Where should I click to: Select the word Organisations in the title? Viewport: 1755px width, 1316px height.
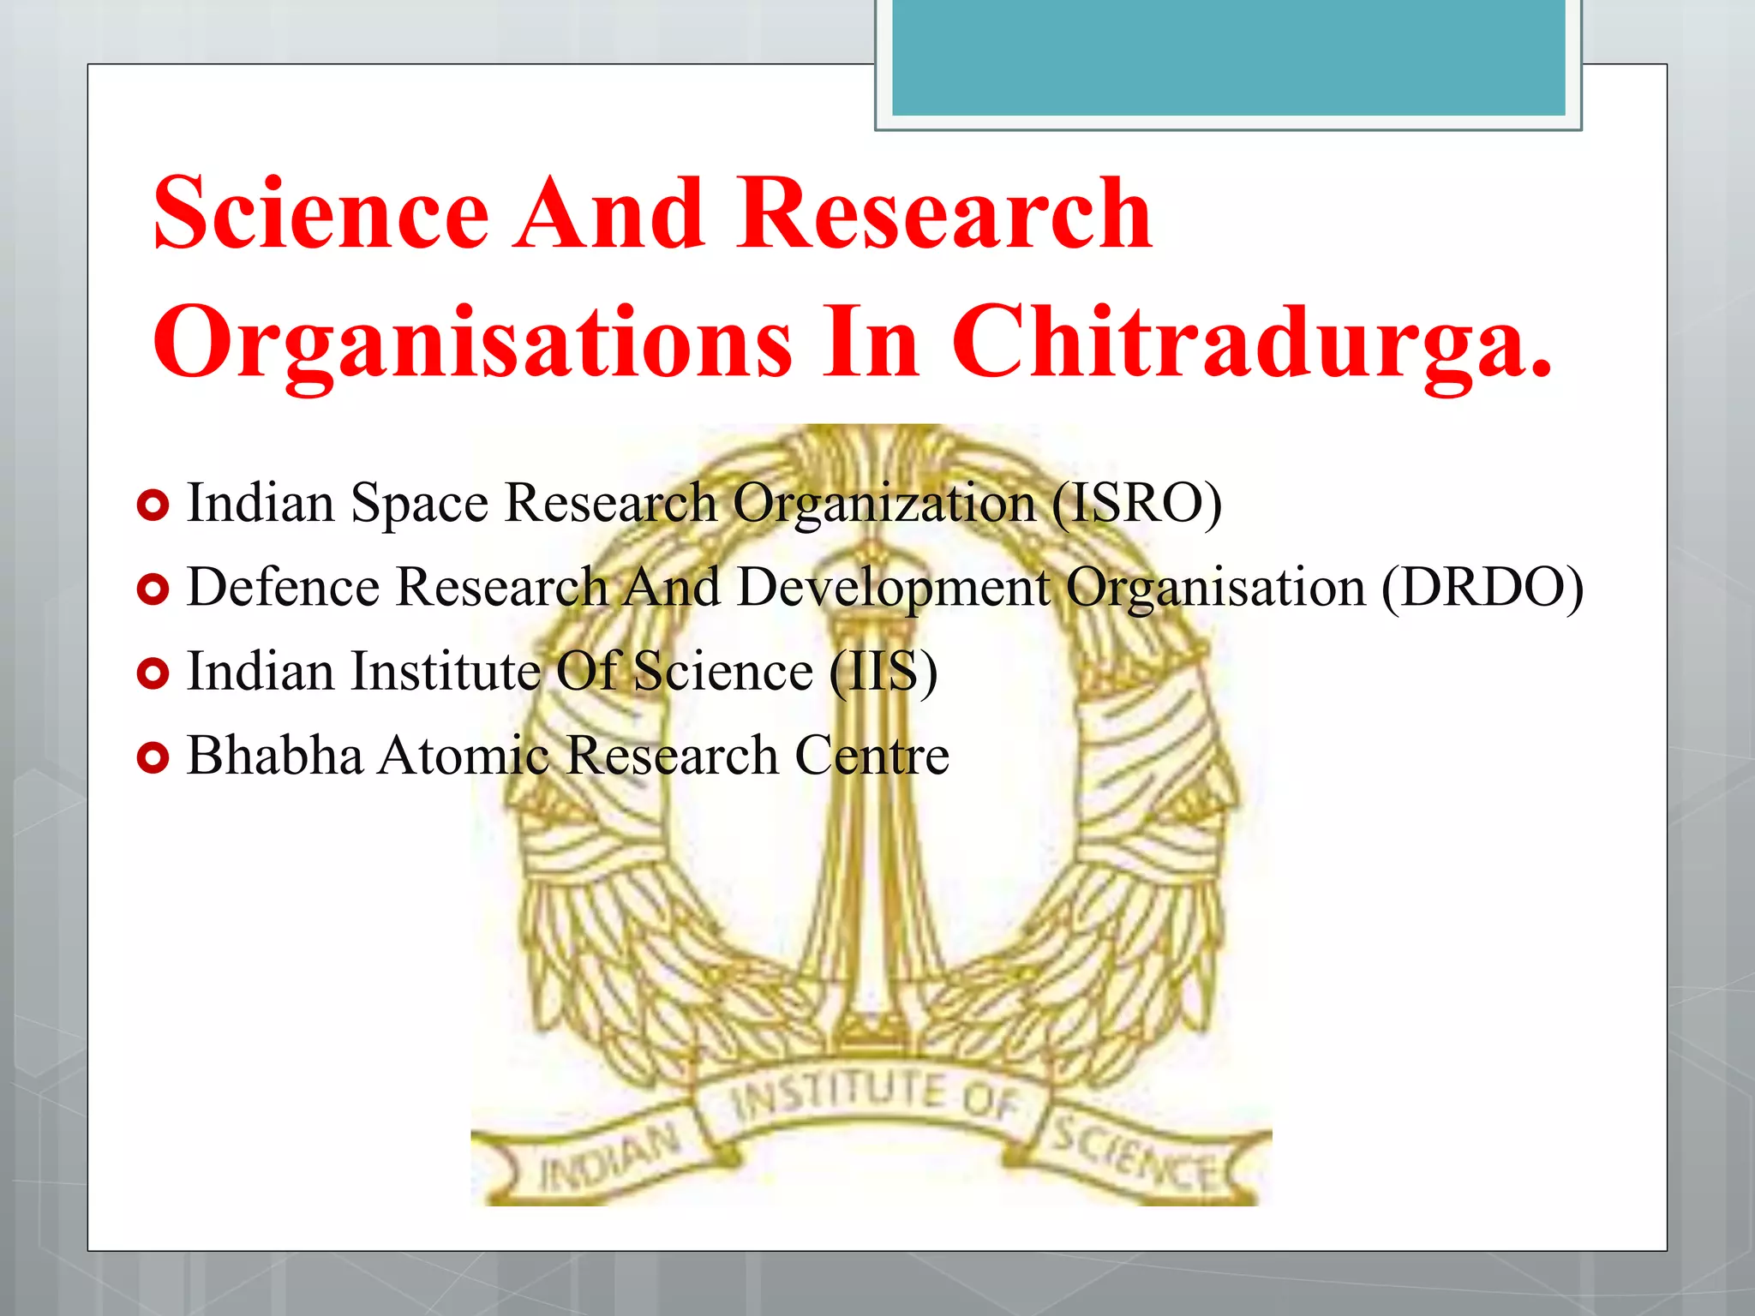coord(472,343)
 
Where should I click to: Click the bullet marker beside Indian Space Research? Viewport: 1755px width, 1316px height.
coord(153,506)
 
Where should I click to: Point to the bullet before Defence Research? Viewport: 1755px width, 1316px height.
coord(153,589)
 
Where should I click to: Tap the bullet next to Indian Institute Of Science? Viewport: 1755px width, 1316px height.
coord(153,673)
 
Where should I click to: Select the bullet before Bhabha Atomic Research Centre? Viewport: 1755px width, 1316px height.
coord(153,757)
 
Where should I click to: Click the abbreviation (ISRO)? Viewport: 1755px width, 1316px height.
coord(1136,503)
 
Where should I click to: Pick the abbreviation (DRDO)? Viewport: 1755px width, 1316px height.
coord(1482,588)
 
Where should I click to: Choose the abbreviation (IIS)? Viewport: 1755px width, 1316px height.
coord(883,671)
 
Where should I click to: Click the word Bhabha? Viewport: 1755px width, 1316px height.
coord(274,756)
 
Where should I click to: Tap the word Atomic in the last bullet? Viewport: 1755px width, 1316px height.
coord(464,756)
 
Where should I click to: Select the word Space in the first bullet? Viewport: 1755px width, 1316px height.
coord(419,505)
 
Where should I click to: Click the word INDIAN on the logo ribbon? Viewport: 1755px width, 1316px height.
coord(609,1157)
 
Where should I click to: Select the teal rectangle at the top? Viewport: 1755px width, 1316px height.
coord(1228,57)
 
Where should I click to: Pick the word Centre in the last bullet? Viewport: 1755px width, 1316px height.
coord(872,756)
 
